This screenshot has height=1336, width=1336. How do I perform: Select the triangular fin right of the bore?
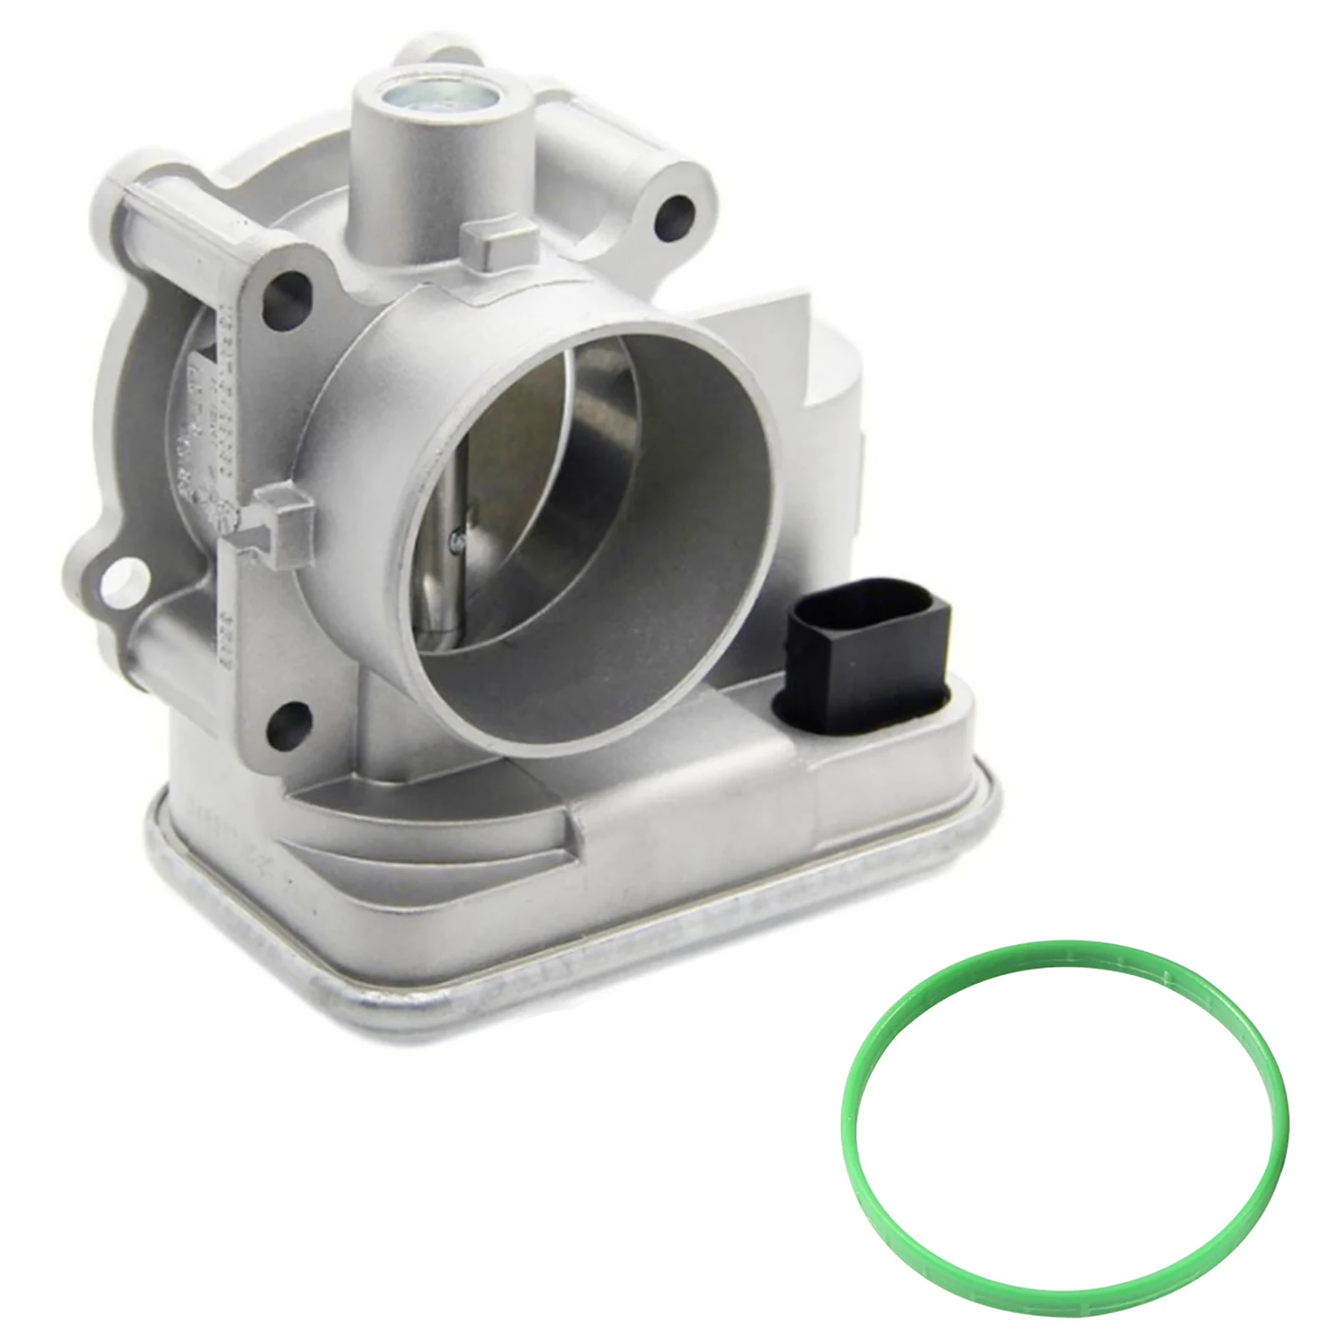click(x=777, y=351)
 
